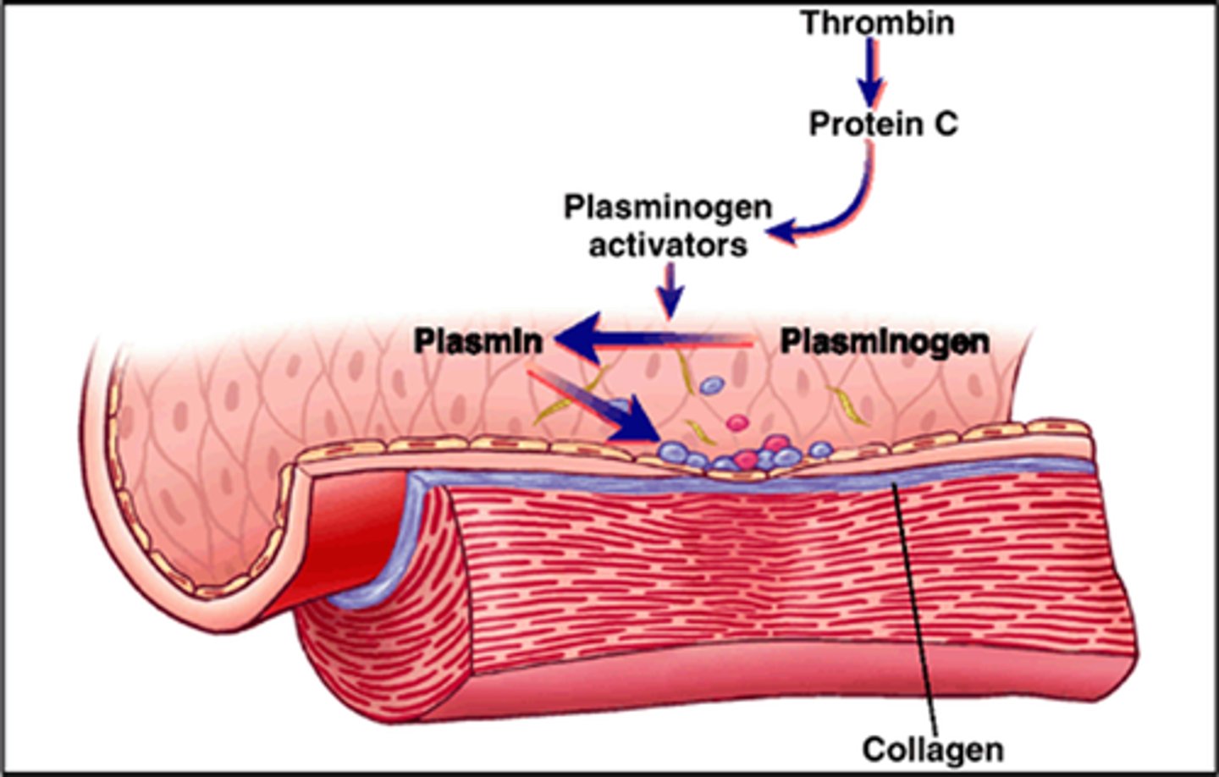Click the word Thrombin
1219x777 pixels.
878,23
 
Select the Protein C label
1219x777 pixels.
883,124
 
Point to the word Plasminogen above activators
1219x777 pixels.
668,207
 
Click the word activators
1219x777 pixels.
668,245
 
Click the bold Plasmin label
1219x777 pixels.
478,341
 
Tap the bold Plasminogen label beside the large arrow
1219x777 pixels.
885,341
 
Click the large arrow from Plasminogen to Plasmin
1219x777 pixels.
652,342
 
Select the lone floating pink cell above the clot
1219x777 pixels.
737,422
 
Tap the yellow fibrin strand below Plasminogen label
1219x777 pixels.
847,405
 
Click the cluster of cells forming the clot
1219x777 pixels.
736,455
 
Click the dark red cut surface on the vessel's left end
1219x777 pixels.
356,525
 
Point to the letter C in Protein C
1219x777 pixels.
945,124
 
